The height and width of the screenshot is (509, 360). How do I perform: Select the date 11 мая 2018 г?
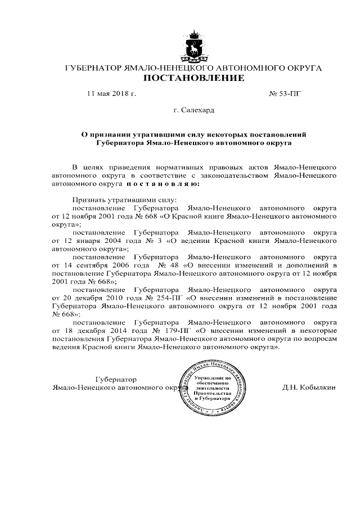pyautogui.click(x=111, y=93)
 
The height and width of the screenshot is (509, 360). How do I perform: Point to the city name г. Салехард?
pyautogui.click(x=194, y=111)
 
